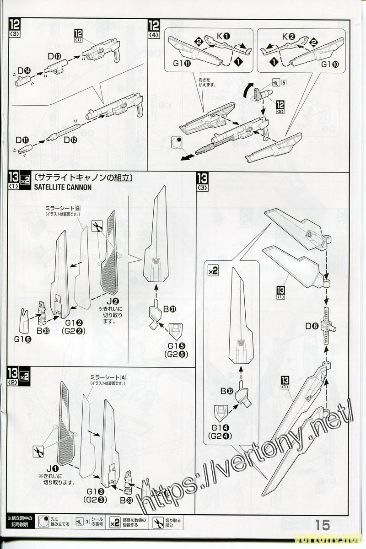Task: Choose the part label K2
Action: (289, 36)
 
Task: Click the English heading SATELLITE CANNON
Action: (63, 187)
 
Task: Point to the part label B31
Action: (169, 309)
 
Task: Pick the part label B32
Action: (227, 391)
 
